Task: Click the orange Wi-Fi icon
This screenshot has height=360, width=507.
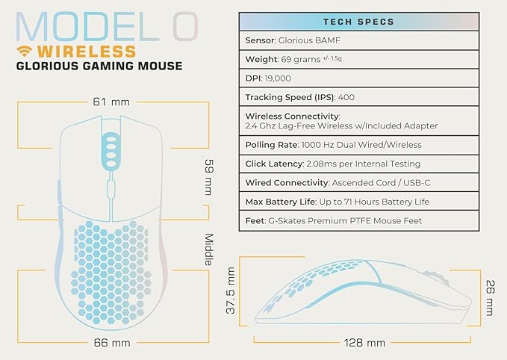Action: coord(26,52)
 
